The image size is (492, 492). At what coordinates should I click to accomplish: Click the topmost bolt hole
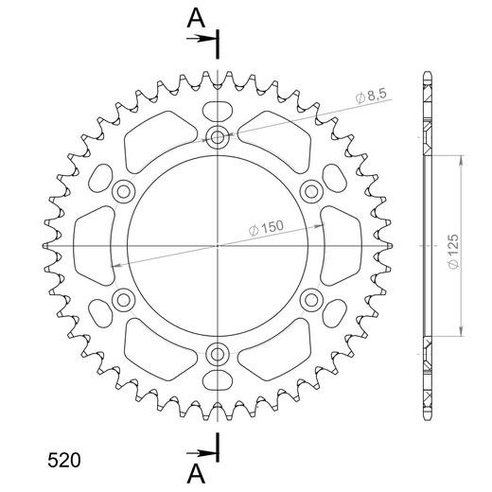[219, 137]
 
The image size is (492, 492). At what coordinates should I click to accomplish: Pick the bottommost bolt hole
[219, 355]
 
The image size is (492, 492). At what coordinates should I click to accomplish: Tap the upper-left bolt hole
[123, 192]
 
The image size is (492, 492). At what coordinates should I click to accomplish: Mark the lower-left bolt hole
[123, 301]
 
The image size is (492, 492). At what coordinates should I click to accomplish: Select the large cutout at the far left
[93, 246]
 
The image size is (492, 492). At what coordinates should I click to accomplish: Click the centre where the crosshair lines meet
[219, 246]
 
